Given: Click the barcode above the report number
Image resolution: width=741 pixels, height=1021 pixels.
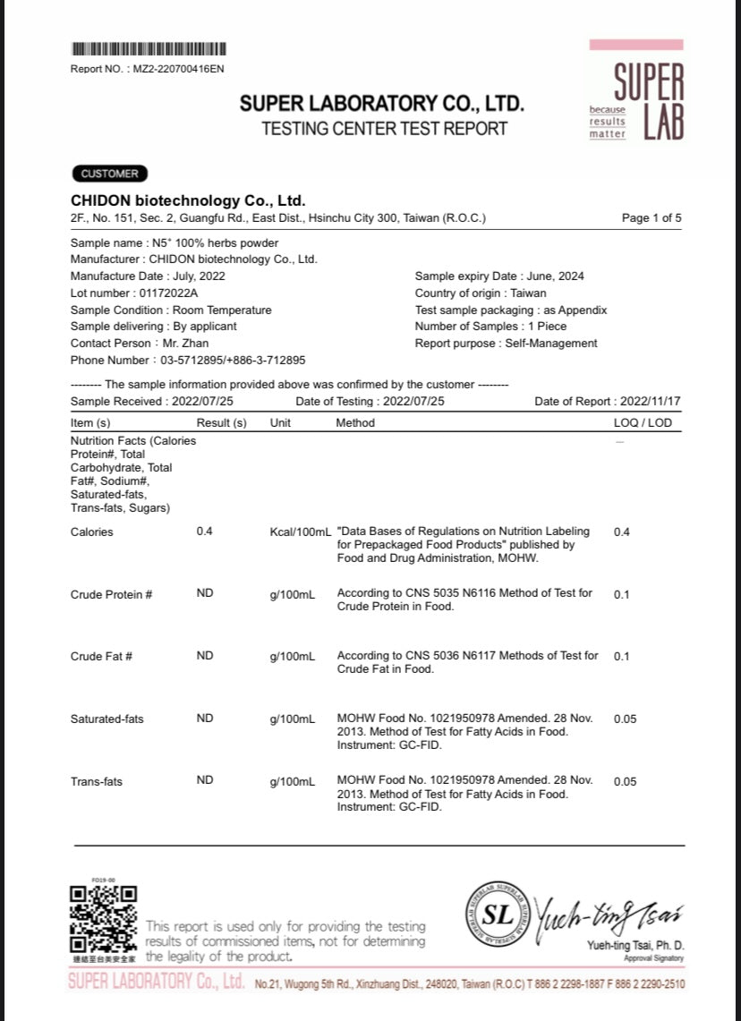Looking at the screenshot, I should point(148,49).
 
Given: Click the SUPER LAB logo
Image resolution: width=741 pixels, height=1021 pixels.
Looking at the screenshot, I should point(636,90).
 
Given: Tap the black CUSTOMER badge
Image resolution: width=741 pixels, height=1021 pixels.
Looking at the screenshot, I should point(109,174).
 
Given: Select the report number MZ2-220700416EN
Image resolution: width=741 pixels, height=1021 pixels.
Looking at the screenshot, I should point(178,69).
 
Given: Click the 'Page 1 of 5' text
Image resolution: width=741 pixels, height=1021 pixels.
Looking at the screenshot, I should point(652,218).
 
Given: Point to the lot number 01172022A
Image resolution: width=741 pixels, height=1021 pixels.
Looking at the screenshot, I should point(168,294).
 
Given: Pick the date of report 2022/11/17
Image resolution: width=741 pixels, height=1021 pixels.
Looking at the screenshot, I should point(651,402).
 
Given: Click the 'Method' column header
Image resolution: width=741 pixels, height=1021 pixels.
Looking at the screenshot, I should point(355,422).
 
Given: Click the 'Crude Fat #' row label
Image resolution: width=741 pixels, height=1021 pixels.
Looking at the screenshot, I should point(101,656).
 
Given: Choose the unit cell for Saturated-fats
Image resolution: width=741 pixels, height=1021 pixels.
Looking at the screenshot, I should point(292,719).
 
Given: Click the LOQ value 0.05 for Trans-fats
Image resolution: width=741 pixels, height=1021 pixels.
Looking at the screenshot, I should point(626,781).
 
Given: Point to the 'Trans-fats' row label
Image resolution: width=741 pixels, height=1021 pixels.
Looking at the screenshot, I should point(97,781).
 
